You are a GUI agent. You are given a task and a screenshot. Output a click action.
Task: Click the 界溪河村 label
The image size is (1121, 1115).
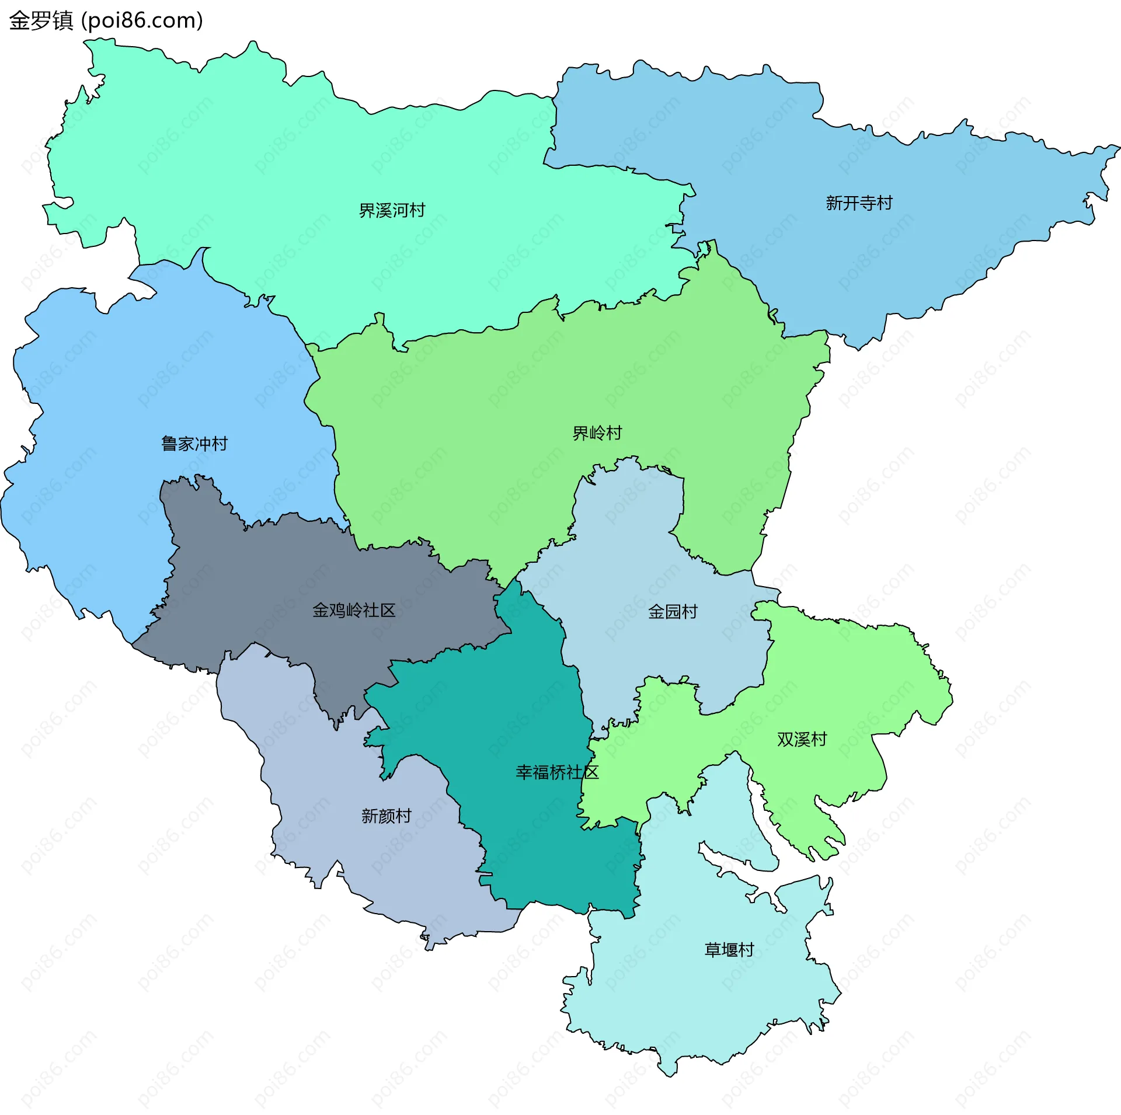392,210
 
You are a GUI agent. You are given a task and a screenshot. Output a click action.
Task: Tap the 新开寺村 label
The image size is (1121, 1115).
859,203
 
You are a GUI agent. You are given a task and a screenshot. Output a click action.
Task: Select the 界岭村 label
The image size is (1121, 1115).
597,433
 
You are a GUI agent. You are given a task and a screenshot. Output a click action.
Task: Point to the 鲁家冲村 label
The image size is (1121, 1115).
194,444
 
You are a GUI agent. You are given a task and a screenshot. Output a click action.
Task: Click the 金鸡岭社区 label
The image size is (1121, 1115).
354,611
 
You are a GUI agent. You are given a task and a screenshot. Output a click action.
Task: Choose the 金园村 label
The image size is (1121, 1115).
673,612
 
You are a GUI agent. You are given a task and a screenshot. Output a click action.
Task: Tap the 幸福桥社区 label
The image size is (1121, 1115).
557,773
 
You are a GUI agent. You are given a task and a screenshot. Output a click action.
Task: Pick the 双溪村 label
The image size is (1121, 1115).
802,740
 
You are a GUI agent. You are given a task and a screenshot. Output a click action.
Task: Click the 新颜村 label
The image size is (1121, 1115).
386,816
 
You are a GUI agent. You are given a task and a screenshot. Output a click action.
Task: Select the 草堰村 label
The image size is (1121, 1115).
729,950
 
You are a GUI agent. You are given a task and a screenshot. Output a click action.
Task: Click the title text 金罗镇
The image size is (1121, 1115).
41,21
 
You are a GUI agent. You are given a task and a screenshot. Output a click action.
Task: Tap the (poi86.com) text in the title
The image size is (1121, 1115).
142,21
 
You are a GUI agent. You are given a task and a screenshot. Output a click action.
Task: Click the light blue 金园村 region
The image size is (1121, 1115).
631,549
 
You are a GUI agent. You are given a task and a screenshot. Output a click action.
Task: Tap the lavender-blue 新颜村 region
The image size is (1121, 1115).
327,776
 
